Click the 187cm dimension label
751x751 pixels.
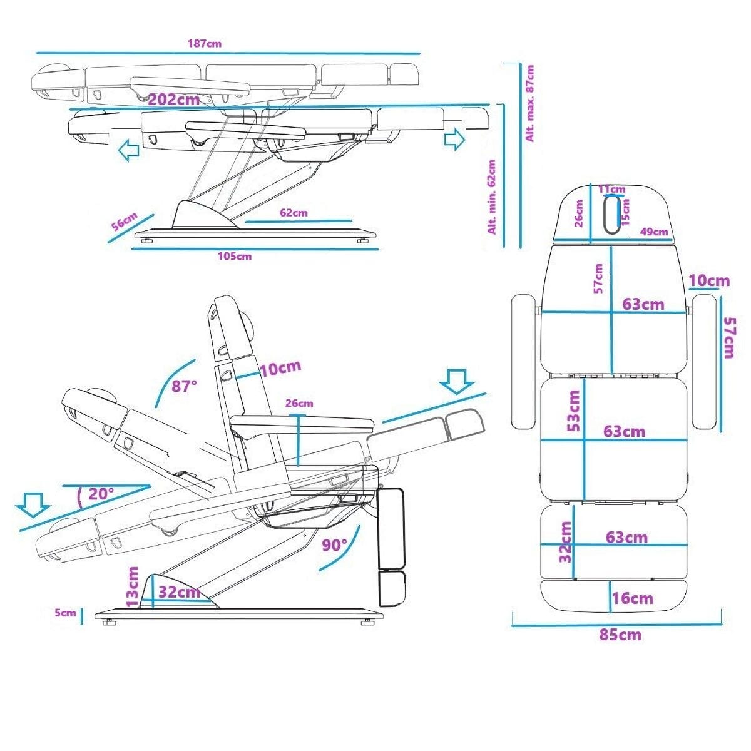(x=204, y=44)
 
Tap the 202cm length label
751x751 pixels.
(x=174, y=100)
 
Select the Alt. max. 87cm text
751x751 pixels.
(x=530, y=103)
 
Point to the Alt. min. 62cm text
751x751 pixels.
(x=492, y=197)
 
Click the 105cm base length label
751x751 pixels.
(x=235, y=256)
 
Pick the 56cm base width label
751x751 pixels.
(x=124, y=222)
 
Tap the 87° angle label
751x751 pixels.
(x=185, y=386)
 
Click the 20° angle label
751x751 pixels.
(x=101, y=494)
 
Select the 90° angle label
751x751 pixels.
(x=335, y=544)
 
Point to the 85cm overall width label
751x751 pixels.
(x=620, y=635)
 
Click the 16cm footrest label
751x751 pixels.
(x=633, y=598)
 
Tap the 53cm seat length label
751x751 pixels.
(x=574, y=411)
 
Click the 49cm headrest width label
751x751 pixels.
(x=654, y=232)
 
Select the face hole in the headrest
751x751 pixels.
(x=613, y=214)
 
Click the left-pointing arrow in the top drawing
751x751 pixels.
(x=129, y=151)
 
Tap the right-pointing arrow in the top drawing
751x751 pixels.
(x=455, y=139)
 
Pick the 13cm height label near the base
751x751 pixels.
(x=133, y=586)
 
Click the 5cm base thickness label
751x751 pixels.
(x=64, y=613)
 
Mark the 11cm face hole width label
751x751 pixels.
(x=611, y=189)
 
